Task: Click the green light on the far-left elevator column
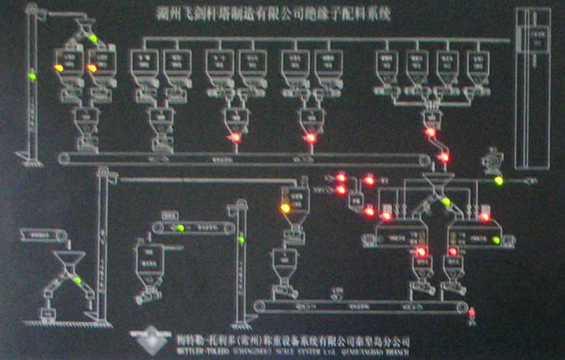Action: (x=32, y=76)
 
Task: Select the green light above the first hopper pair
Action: (x=92, y=39)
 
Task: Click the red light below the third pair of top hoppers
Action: (x=235, y=137)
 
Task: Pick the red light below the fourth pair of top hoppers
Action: (x=311, y=138)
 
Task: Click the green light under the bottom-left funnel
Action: (x=78, y=280)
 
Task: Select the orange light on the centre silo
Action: (x=286, y=208)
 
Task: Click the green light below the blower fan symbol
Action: (x=498, y=180)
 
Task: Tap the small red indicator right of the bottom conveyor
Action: (x=472, y=314)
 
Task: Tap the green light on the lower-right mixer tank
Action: (x=497, y=240)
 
